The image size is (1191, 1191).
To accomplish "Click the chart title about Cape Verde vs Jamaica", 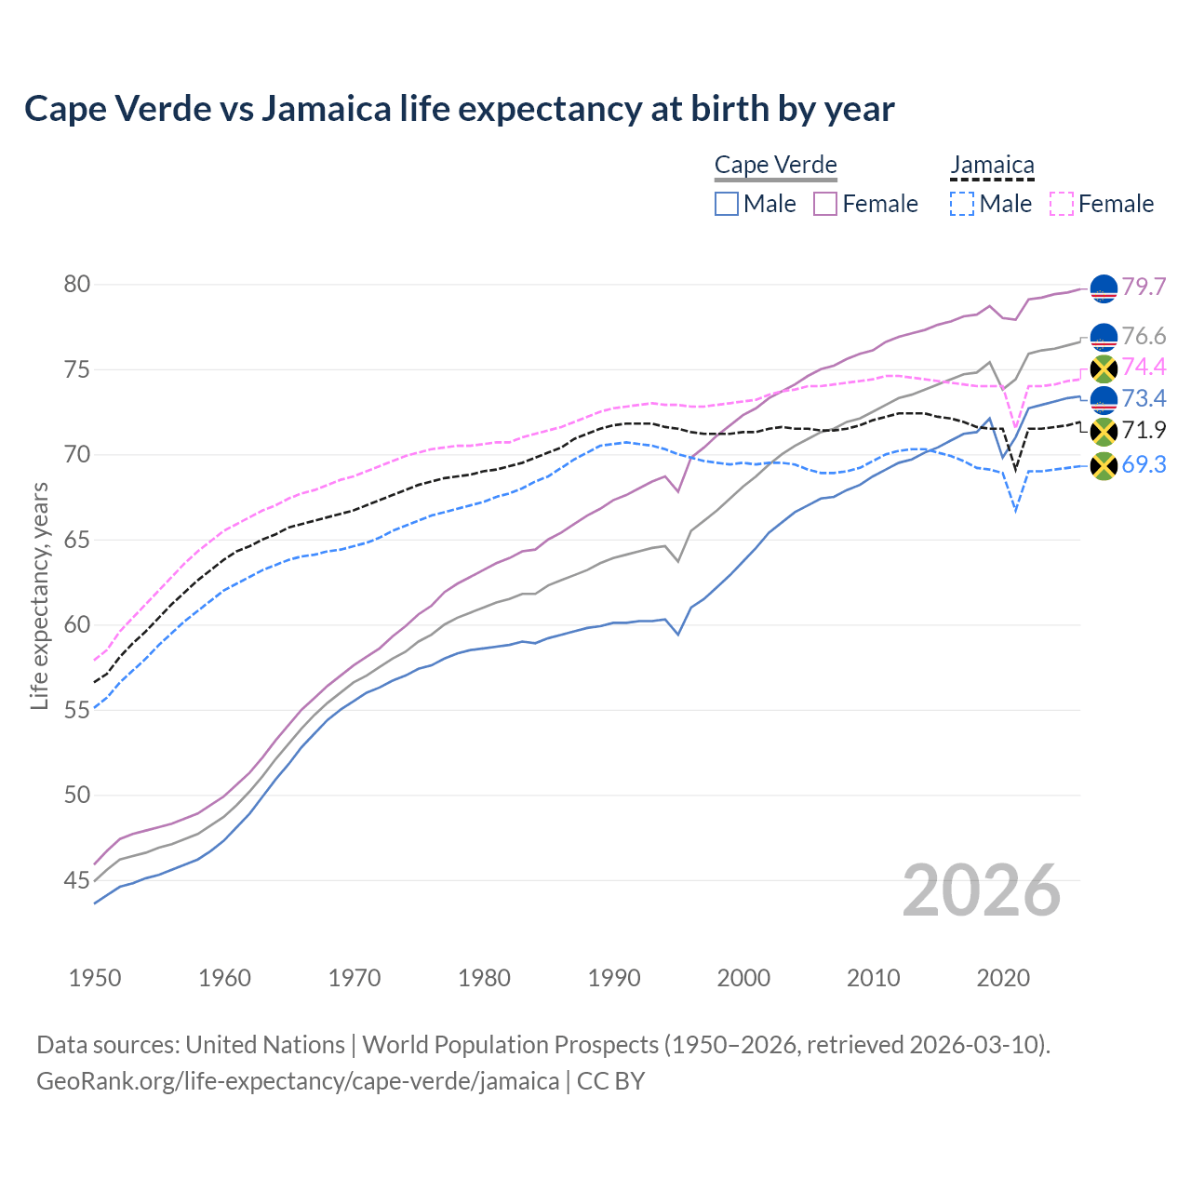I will point(459,109).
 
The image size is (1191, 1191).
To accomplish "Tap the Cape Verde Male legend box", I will point(727,204).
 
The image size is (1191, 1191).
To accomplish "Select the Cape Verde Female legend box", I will point(825,204).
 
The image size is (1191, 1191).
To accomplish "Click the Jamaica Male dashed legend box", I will point(962,204).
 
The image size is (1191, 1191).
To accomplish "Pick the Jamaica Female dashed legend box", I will point(1061,204).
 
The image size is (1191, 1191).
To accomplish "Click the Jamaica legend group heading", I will point(992,166).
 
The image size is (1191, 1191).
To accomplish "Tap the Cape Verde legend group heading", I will point(776,166).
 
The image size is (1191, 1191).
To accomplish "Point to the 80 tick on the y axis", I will point(77,285).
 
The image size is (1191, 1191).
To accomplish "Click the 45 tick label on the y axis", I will point(77,880).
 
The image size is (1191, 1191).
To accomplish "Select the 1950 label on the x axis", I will point(95,978).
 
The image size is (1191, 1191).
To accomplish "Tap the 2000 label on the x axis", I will point(743,978).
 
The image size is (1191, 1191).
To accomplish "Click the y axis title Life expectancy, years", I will point(39,595).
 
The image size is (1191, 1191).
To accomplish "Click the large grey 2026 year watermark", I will point(981,890).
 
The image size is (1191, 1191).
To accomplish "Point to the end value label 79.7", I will point(1144,287).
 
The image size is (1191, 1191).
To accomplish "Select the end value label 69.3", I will point(1144,464).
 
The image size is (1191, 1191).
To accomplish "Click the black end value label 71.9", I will point(1144,430).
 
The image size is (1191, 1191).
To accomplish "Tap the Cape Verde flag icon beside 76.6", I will point(1104,337).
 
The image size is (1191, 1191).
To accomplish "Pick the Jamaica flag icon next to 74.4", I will point(1104,368).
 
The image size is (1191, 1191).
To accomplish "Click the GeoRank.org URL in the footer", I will point(298,1081).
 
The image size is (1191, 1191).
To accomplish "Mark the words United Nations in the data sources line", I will point(265,1045).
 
